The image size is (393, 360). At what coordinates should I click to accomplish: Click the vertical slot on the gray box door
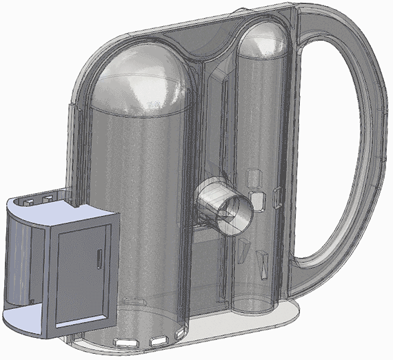[x=101, y=261]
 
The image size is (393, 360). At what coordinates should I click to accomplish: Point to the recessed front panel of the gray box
[x=80, y=276]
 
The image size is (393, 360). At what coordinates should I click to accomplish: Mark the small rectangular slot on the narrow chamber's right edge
[x=277, y=197]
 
